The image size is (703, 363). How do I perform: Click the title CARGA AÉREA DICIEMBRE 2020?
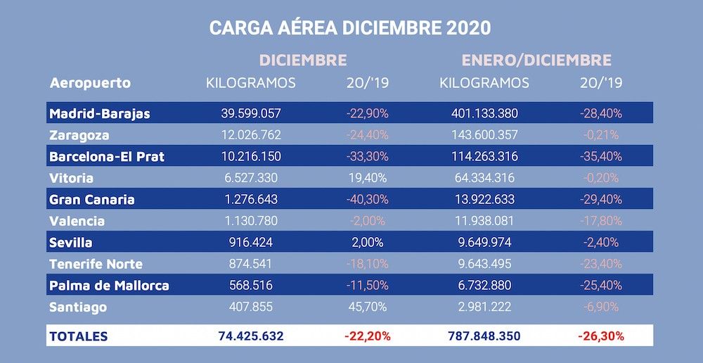[350, 28]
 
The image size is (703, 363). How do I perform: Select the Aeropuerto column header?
[90, 83]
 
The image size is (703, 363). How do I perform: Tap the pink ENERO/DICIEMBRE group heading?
[536, 60]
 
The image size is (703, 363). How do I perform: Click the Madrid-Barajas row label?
[99, 113]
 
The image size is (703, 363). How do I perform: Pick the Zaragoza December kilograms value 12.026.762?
[251, 135]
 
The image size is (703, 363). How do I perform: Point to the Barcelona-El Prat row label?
[107, 156]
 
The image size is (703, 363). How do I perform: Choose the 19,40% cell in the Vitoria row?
[368, 178]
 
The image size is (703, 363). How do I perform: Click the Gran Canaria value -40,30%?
[368, 200]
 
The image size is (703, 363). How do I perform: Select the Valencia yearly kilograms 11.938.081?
[484, 221]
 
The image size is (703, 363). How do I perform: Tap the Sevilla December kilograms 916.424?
[251, 243]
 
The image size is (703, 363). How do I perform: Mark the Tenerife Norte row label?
[96, 265]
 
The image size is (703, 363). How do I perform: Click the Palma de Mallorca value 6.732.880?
[484, 286]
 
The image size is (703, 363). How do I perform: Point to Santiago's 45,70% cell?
[368, 307]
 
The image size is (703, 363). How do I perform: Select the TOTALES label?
[78, 336]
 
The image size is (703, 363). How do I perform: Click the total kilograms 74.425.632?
[251, 336]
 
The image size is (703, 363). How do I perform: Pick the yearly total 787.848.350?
[484, 336]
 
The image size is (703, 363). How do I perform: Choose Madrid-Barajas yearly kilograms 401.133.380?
[484, 113]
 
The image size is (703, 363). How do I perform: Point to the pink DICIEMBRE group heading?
[303, 60]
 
